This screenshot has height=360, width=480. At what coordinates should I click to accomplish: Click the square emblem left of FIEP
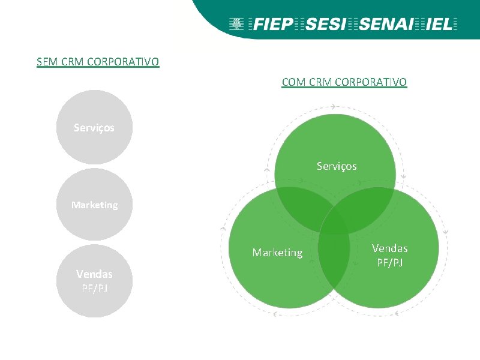236,25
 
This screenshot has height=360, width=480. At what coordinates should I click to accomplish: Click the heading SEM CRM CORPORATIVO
98,62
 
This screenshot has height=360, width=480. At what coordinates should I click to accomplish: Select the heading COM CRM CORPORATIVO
344,82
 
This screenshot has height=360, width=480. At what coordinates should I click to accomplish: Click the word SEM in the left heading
46,62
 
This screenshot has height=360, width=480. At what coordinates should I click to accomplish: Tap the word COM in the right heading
293,82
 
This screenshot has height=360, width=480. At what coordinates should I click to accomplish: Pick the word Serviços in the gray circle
94,128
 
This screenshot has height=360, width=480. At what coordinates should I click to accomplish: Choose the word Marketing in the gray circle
94,205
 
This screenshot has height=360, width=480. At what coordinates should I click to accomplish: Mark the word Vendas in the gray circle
94,274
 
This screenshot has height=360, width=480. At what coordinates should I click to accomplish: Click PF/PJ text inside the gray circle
94,288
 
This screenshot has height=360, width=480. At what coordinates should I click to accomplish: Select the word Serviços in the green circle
337,166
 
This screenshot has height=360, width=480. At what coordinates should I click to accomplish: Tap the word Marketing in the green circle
277,253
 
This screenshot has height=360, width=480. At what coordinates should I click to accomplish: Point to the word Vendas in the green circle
389,248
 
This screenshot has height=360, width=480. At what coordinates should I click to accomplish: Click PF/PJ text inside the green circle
389,262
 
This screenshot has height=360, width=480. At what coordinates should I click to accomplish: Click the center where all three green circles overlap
335,221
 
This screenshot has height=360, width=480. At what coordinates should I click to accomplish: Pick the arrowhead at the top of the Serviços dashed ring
333,106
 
